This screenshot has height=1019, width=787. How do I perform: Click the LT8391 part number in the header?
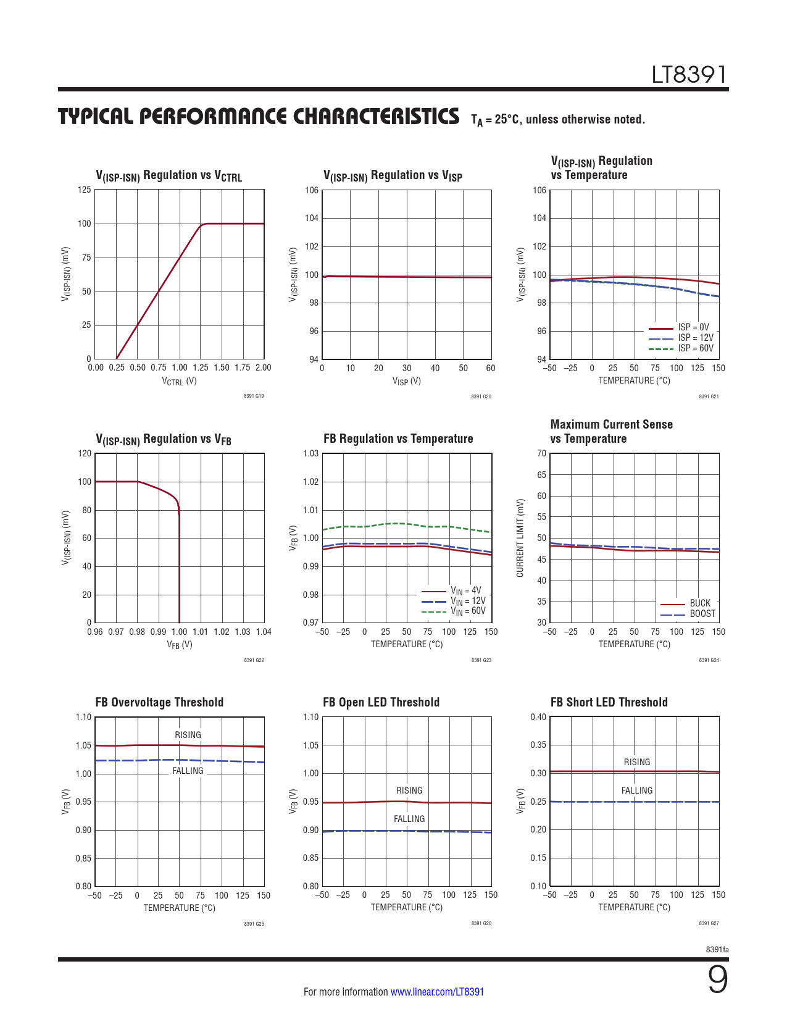point(689,75)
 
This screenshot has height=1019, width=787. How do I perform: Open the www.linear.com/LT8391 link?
point(437,992)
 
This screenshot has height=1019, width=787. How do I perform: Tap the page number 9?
point(717,979)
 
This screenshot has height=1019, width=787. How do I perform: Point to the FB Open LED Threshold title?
point(381,702)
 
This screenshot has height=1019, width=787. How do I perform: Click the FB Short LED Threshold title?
point(609,702)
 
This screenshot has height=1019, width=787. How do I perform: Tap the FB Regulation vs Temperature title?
point(398,438)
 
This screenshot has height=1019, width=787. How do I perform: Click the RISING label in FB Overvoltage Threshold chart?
point(188,735)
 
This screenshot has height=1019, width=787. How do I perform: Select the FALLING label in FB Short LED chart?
point(636,790)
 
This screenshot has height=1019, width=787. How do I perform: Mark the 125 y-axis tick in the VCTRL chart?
point(84,190)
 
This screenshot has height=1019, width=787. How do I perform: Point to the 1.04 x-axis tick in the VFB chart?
point(264,632)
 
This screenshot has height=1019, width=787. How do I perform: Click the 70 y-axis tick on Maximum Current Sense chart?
point(541,453)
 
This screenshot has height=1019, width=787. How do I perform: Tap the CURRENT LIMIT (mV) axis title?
point(520,538)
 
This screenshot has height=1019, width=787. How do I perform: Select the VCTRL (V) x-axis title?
point(179,381)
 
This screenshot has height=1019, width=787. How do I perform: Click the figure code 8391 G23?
point(481,660)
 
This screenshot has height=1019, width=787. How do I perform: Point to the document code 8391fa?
point(717,949)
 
